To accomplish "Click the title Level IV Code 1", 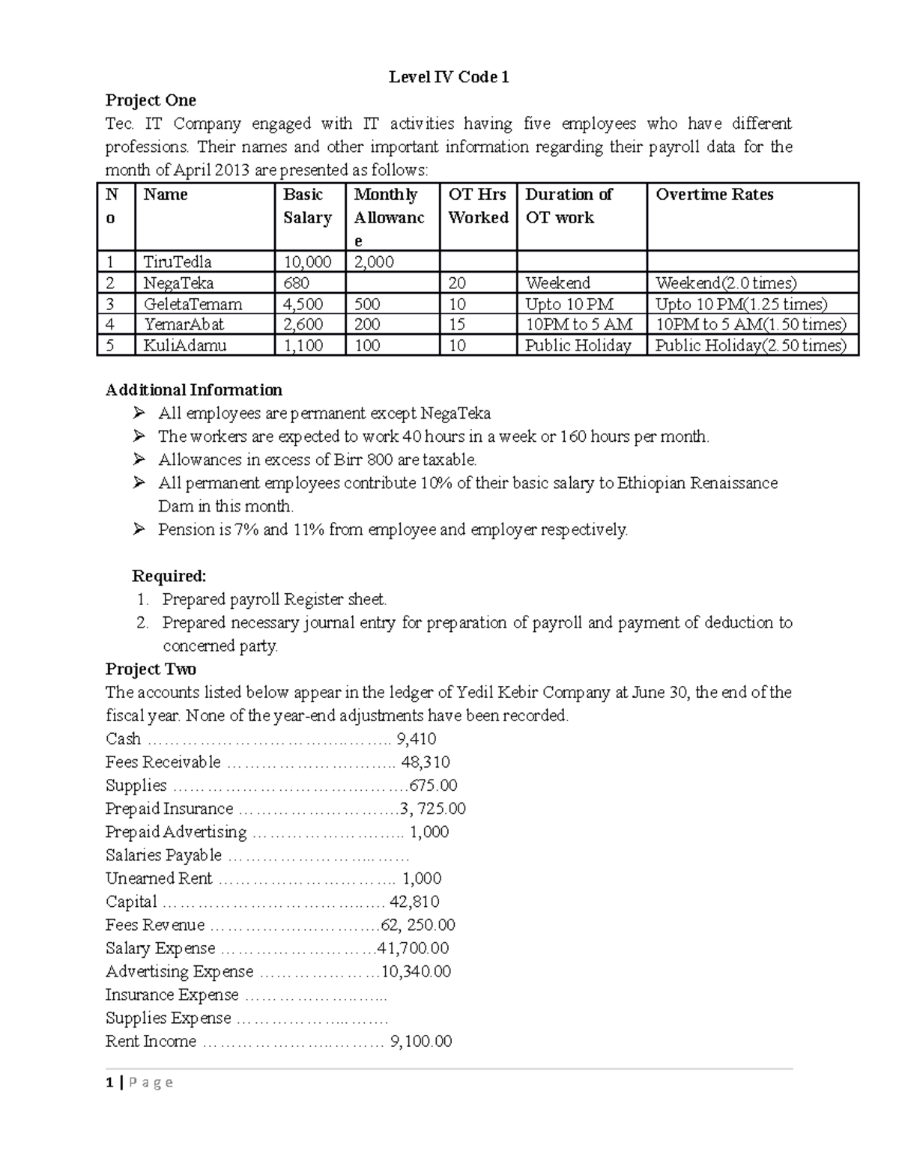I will click(x=449, y=77).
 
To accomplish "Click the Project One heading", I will click(x=151, y=100).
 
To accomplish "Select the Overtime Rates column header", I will click(x=714, y=195).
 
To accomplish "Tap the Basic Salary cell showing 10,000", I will click(x=307, y=262).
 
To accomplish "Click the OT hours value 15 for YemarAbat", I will click(x=457, y=324).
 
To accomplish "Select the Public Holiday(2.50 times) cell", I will click(x=751, y=345).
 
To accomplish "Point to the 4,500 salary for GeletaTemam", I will click(x=303, y=304).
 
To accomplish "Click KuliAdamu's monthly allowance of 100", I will click(x=367, y=345).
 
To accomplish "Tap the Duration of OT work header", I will click(x=568, y=206).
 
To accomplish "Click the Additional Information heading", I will click(x=194, y=390).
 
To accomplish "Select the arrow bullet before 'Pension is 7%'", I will click(x=139, y=529).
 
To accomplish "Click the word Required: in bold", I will click(x=169, y=576).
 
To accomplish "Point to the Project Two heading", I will click(x=151, y=669).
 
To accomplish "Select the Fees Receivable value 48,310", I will click(x=426, y=762).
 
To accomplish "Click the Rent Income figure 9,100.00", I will click(x=421, y=1041).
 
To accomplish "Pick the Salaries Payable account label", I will click(x=163, y=855).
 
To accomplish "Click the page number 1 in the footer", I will click(x=110, y=1082).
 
